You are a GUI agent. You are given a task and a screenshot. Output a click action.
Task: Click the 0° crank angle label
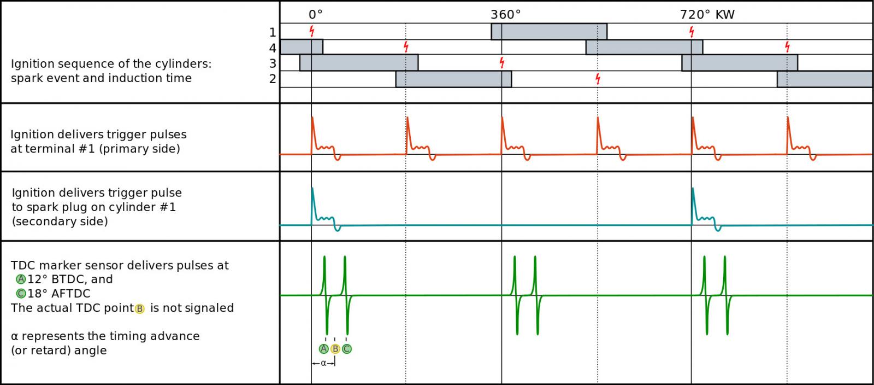[x=315, y=15]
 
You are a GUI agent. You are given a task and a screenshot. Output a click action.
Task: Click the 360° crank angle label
[x=505, y=15]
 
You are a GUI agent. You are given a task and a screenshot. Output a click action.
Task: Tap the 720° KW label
[x=707, y=15]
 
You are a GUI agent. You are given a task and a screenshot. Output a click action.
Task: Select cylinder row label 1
[x=273, y=32]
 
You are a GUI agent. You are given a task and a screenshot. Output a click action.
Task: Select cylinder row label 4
[x=273, y=48]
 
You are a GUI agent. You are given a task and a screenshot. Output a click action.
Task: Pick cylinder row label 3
[x=273, y=63]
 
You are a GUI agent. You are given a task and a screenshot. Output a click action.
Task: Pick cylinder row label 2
[x=273, y=79]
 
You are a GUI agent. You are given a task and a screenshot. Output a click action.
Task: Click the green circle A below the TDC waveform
[x=323, y=349]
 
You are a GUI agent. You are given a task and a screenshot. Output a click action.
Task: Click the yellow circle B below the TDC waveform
[x=335, y=349]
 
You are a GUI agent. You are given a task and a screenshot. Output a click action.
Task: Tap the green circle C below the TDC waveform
[x=346, y=349]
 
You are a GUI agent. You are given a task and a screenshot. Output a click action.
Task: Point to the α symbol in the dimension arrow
[x=323, y=363]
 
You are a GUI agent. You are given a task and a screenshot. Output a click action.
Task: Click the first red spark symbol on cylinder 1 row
[x=312, y=31]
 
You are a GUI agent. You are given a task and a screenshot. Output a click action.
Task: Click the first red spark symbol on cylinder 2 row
[x=598, y=79]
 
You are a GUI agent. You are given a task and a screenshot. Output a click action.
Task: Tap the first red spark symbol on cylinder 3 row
[x=501, y=62]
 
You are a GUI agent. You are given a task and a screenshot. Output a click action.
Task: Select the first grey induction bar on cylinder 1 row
[x=549, y=32]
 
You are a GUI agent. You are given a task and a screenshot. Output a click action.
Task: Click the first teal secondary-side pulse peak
[x=312, y=189]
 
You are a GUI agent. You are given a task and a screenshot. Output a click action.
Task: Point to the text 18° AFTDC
[x=59, y=294]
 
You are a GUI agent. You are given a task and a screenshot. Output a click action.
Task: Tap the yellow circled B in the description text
[x=139, y=308]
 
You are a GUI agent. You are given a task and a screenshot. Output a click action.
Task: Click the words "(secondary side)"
[x=60, y=221]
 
